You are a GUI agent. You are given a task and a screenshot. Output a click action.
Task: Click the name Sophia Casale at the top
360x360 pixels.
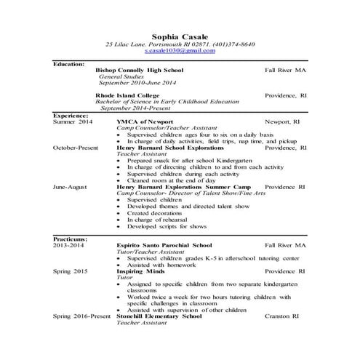pos(180,36)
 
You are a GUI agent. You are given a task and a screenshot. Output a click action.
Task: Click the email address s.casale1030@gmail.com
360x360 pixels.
pos(180,52)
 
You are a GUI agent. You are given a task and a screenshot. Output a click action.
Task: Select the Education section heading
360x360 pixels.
pos(70,64)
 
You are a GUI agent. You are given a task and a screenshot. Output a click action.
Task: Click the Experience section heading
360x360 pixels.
pos(71,115)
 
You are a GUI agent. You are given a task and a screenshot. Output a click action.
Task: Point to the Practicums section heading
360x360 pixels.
pos(71,239)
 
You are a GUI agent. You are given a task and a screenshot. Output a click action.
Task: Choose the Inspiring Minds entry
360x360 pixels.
pos(142,270)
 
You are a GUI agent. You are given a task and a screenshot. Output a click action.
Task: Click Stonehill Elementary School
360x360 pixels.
pos(159,317)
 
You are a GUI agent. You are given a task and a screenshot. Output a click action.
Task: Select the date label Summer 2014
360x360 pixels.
pos(73,121)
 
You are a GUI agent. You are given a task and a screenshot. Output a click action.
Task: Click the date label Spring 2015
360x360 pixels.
pos(70,270)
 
